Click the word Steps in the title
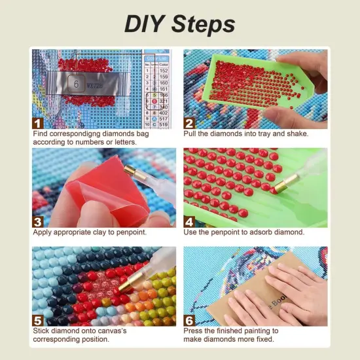204,24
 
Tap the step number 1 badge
39,122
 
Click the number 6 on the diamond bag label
76,84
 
